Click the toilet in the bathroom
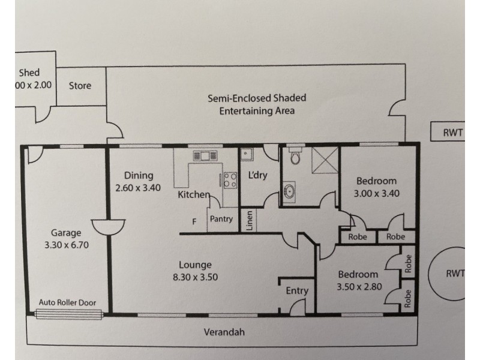pos(295,155)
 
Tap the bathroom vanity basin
pos(289,192)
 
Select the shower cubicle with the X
pos(325,160)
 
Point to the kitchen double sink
pos(205,156)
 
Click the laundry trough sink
pos(247,154)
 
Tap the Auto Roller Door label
pos(67,302)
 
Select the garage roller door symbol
pos(68,314)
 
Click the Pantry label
pos(221,219)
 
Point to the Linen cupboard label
pos(250,220)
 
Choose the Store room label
pos(80,86)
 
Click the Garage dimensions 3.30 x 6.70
pos(67,245)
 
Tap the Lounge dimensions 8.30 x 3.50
pos(196,277)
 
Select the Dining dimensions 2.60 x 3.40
pos(138,188)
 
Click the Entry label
pos(297,291)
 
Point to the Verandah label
pos(224,332)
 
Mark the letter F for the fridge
pos(194,221)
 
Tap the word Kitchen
pos(194,194)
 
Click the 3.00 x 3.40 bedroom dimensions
pos(377,193)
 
